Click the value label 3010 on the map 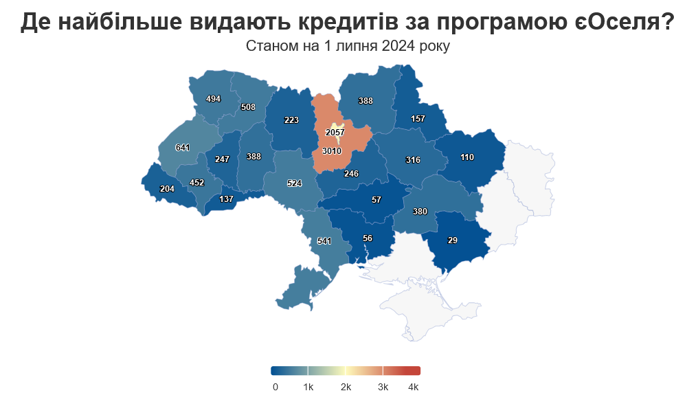pyautogui.click(x=331, y=150)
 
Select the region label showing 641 pyautogui.click(x=182, y=148)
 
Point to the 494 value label pyautogui.click(x=213, y=99)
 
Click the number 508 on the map pyautogui.click(x=248, y=107)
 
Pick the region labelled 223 pyautogui.click(x=291, y=120)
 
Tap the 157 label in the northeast pyautogui.click(x=418, y=119)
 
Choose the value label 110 pyautogui.click(x=467, y=157)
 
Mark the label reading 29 pyautogui.click(x=452, y=240)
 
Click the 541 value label pyautogui.click(x=324, y=241)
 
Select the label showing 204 pyautogui.click(x=167, y=189)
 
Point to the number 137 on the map pyautogui.click(x=226, y=199)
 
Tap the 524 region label pyautogui.click(x=294, y=183)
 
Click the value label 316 pyautogui.click(x=413, y=160)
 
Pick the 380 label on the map pyautogui.click(x=420, y=212)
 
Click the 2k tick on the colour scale pyautogui.click(x=346, y=387)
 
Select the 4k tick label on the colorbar pyautogui.click(x=413, y=387)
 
